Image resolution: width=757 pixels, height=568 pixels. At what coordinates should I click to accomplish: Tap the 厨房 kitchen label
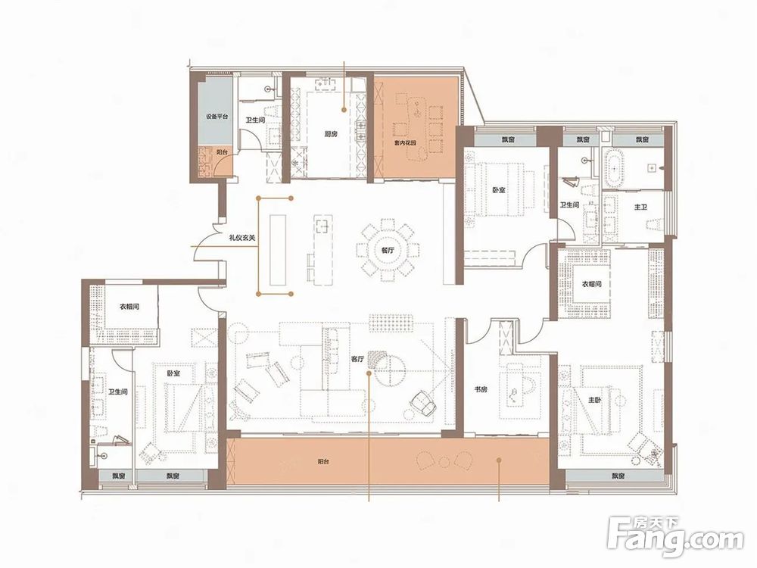[x=331, y=134]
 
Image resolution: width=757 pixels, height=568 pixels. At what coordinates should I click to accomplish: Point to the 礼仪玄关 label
[x=242, y=237]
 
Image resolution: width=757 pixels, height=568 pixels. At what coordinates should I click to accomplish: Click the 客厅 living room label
[x=357, y=359]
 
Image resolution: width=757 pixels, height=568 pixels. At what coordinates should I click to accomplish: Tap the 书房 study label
[x=481, y=390]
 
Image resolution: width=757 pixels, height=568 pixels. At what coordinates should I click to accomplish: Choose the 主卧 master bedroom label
[x=594, y=401]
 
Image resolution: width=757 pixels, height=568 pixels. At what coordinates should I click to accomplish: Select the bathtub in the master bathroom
[x=612, y=169]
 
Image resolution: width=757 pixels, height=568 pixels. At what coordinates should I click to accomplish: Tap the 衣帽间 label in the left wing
[x=129, y=306]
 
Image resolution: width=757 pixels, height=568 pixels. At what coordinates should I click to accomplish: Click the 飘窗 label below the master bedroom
[x=618, y=476]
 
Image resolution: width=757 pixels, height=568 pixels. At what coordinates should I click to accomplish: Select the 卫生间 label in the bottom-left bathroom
[x=118, y=392]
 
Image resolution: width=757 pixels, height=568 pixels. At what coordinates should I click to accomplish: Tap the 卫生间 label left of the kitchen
[x=255, y=120]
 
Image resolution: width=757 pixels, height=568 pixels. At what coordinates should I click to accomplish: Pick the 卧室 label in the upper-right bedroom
[x=499, y=191]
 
